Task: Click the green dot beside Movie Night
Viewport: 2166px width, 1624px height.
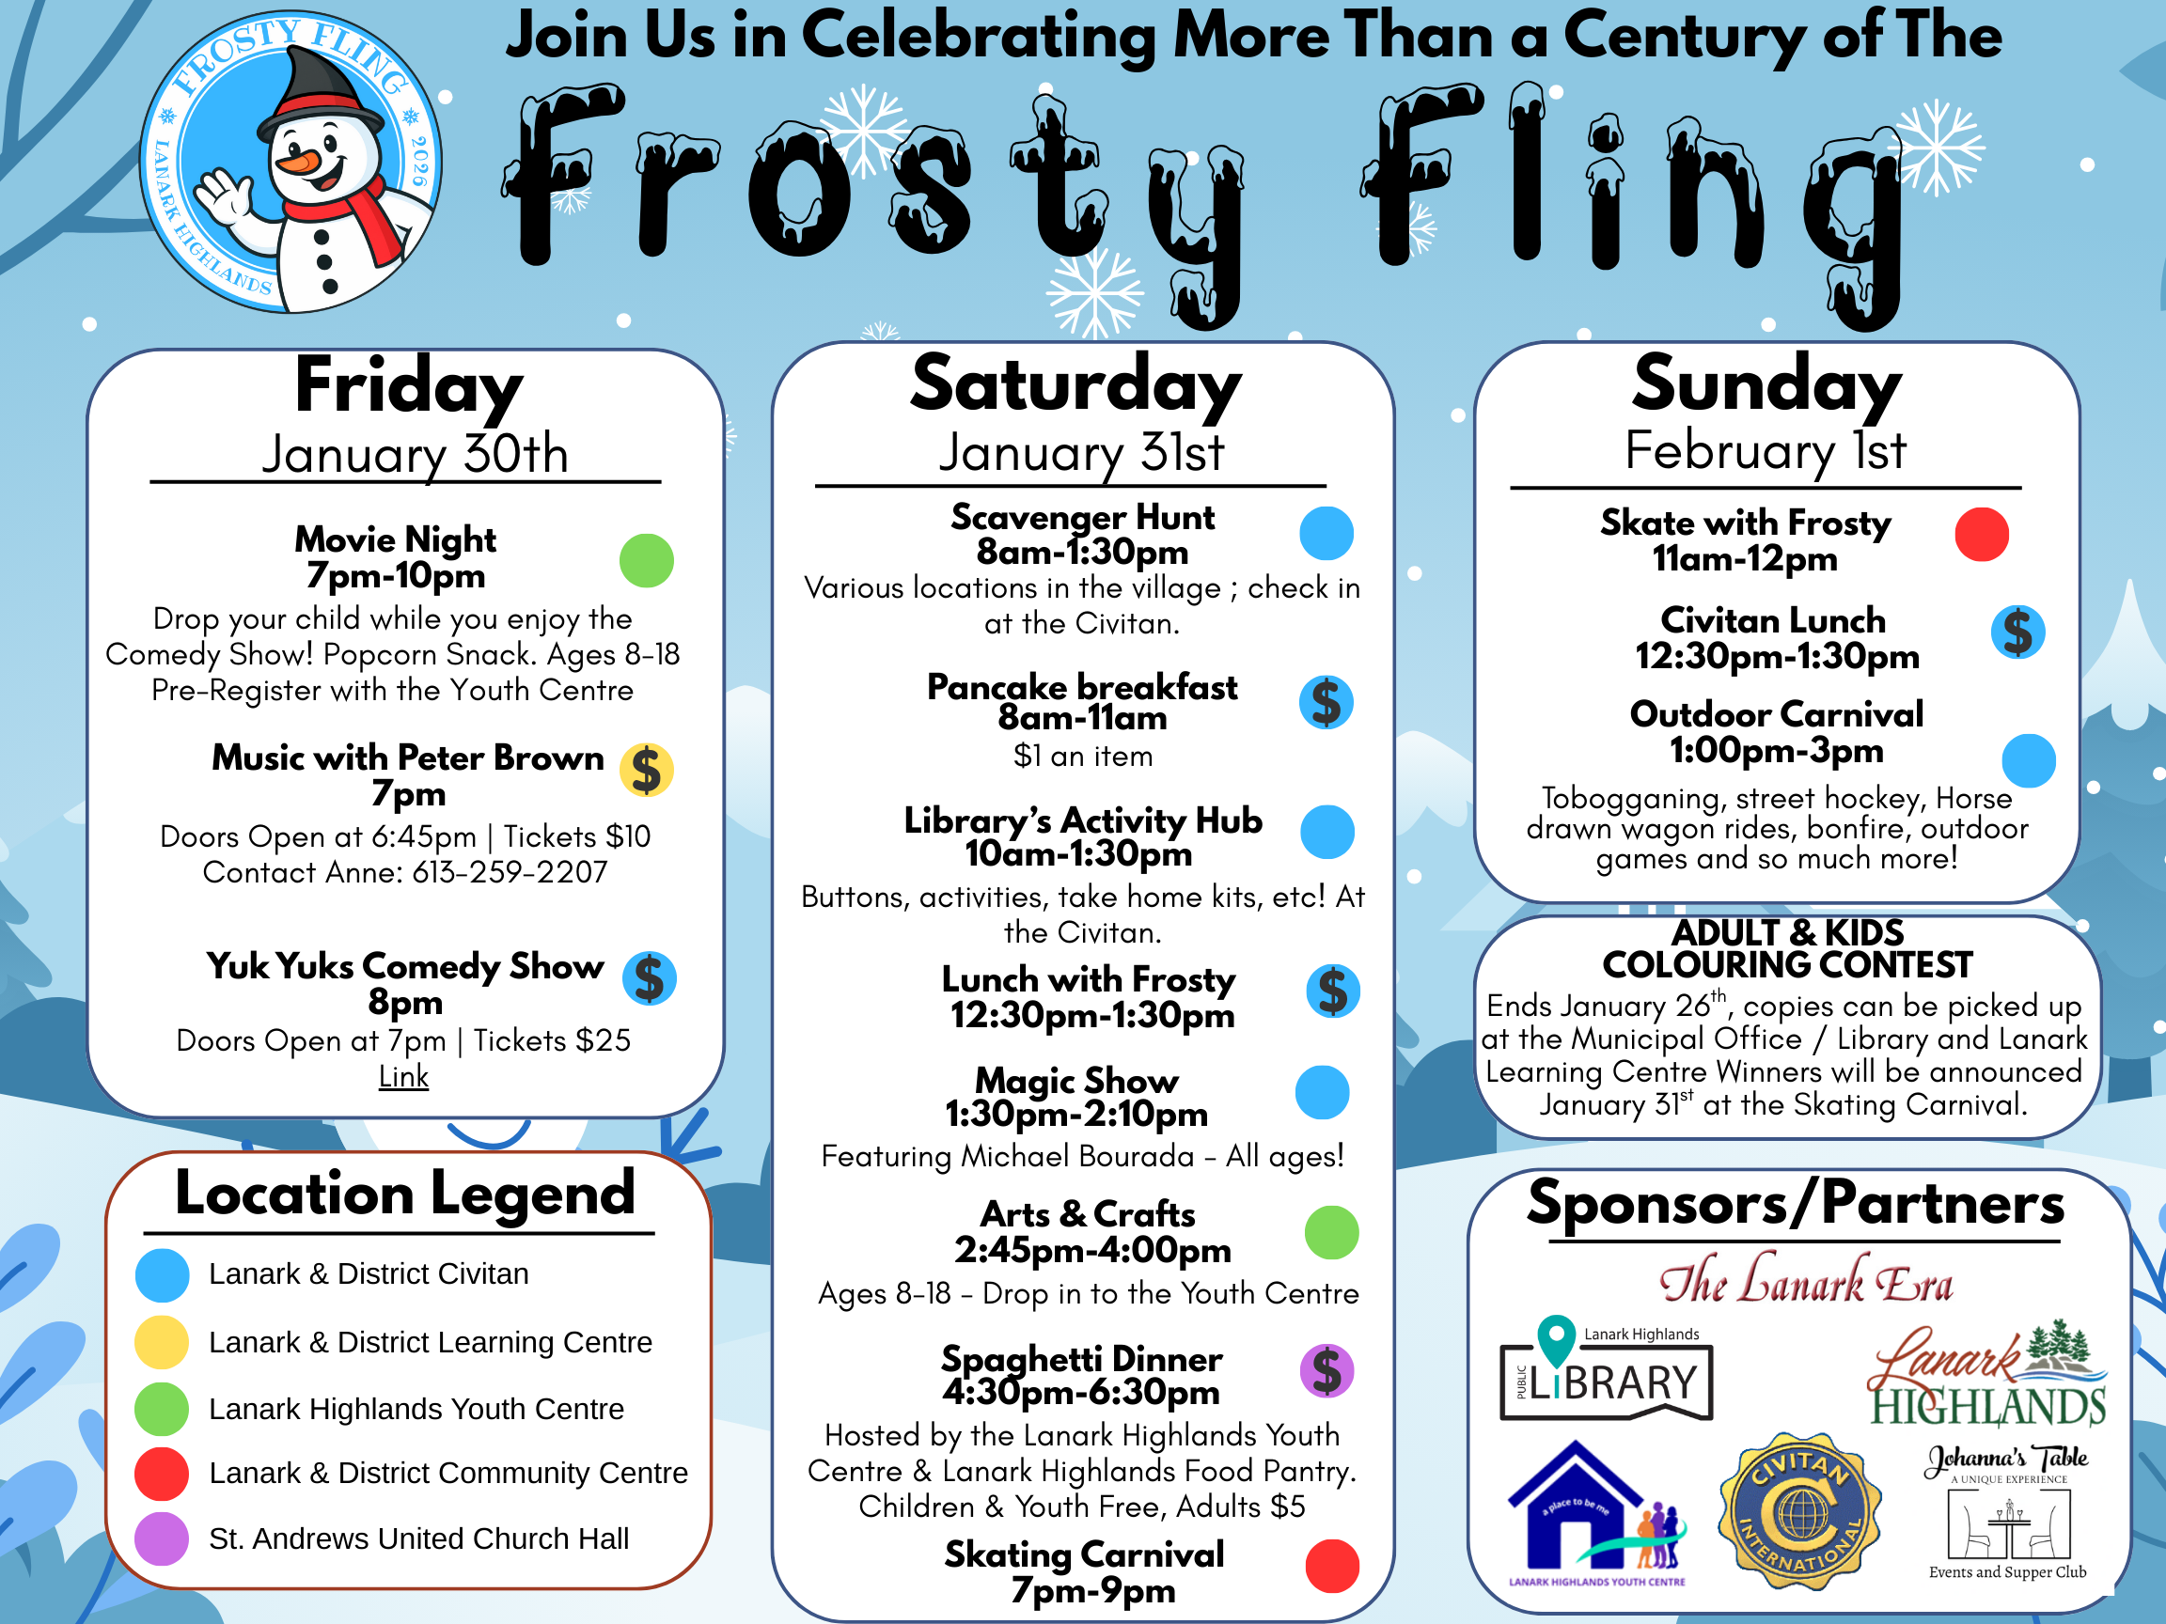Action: tap(646, 561)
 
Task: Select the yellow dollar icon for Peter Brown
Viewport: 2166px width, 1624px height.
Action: tap(646, 770)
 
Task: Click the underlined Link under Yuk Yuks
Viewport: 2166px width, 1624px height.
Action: tap(403, 1077)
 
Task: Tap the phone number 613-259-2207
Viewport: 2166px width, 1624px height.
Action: tap(510, 872)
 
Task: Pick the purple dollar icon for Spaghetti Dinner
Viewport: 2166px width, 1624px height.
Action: tap(1326, 1370)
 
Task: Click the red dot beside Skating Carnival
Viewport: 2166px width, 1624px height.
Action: tap(1332, 1567)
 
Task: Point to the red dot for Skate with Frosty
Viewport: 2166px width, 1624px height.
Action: tap(1981, 535)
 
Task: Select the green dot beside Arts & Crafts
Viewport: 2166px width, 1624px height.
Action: tap(1332, 1232)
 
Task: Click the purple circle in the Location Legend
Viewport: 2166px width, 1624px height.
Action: tap(162, 1538)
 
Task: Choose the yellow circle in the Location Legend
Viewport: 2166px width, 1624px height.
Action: tap(162, 1342)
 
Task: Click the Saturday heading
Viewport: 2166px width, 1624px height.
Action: tap(1075, 384)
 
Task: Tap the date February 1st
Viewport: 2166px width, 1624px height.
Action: tap(1765, 451)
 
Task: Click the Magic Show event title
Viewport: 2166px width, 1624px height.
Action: tap(1076, 1080)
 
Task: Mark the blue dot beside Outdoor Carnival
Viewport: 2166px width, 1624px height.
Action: tap(2028, 761)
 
